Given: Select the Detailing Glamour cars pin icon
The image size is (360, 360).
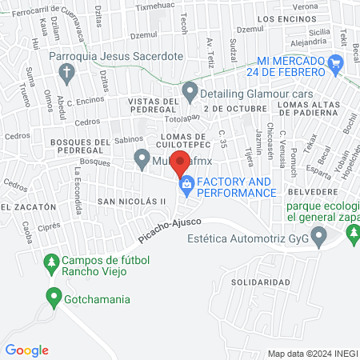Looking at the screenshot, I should pos(190,92).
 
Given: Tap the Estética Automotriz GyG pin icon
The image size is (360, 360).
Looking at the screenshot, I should pos(319,236).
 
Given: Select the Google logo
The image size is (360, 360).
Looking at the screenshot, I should pos(26,350).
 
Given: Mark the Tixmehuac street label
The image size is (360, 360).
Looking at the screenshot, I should pos(154,6).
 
